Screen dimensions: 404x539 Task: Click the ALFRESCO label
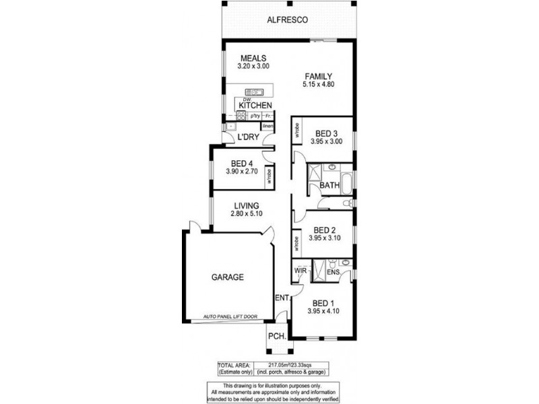(288, 21)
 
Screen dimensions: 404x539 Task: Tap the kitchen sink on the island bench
(255, 92)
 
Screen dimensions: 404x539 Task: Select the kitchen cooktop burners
(241, 115)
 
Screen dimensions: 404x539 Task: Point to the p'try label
(255, 116)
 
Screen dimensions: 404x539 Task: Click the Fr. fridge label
(268, 116)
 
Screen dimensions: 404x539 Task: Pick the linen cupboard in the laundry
(267, 127)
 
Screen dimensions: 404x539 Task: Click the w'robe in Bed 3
(296, 133)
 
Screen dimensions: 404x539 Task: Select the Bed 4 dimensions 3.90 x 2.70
(241, 172)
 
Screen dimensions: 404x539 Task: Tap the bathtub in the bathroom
(347, 183)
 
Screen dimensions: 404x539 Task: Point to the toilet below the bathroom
(347, 203)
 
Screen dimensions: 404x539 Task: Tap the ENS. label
(333, 272)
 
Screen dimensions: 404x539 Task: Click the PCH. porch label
(276, 335)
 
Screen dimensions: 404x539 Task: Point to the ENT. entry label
(281, 296)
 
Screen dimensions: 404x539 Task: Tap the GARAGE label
(228, 277)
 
